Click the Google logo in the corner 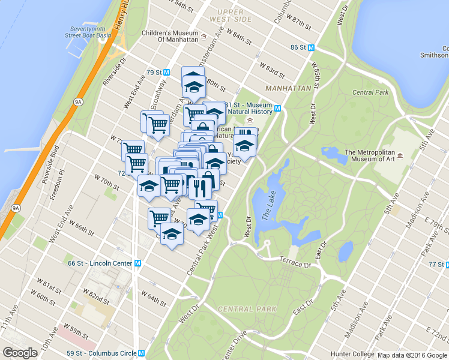coord(20,353)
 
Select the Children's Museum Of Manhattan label coord(170,35)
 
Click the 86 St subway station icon coord(312,47)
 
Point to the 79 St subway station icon coord(167,73)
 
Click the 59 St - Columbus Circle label coord(103,353)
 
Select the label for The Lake coord(267,211)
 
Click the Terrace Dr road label coord(297,262)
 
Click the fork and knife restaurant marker coord(199,188)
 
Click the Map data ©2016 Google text coord(412,355)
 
